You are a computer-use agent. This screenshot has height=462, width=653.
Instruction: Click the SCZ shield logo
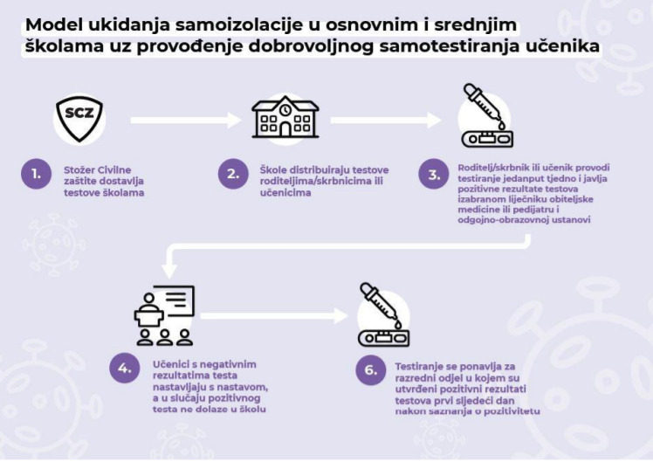pyautogui.click(x=79, y=119)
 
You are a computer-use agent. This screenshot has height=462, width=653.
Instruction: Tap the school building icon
pyautogui.click(x=285, y=117)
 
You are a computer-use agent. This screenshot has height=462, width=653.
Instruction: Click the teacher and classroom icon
pyautogui.click(x=164, y=315)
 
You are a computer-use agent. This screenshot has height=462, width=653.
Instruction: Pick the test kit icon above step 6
pyautogui.click(x=384, y=315)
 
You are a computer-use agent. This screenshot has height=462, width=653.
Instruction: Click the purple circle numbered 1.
pyautogui.click(x=37, y=174)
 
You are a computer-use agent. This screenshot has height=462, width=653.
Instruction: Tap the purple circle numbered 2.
pyautogui.click(x=233, y=174)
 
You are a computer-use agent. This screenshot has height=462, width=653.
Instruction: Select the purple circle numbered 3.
pyautogui.click(x=434, y=174)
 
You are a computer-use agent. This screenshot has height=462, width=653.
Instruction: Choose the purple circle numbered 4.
pyautogui.click(x=125, y=369)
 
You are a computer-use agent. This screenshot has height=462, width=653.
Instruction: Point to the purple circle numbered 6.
pyautogui.click(x=371, y=370)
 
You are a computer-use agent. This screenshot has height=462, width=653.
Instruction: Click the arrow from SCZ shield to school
pyautogui.click(x=186, y=121)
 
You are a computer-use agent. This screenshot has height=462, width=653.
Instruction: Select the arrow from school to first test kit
pyautogui.click(x=386, y=121)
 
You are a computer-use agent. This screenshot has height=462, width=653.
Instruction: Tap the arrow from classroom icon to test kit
pyautogui.click(x=274, y=316)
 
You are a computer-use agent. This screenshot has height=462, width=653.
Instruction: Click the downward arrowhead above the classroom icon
pyautogui.click(x=169, y=272)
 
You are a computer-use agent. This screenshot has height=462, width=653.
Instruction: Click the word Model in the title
pyautogui.click(x=54, y=25)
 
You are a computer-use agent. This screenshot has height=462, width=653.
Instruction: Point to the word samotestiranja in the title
pyautogui.click(x=448, y=46)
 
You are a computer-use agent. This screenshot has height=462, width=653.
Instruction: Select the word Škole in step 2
pyautogui.click(x=272, y=170)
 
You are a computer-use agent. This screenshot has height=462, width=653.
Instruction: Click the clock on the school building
pyautogui.click(x=285, y=110)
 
